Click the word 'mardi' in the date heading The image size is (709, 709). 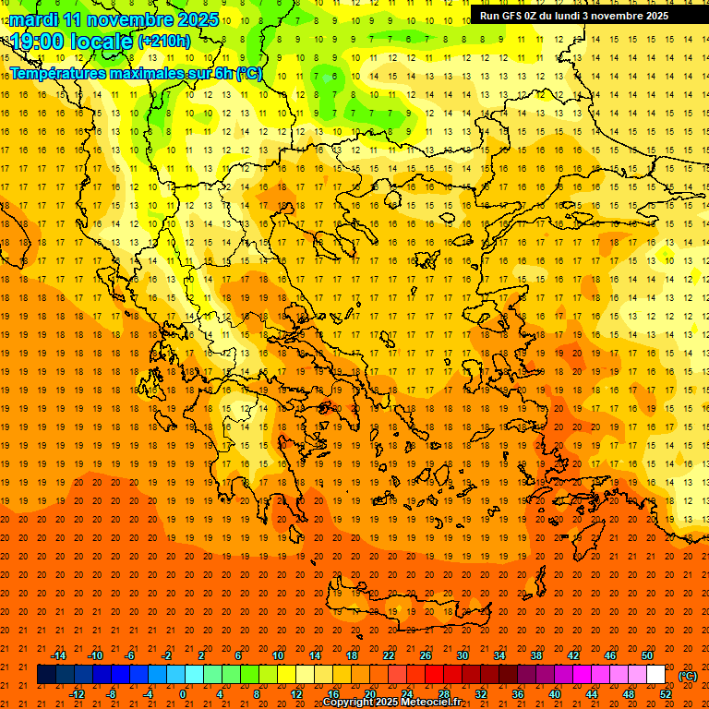click(x=34, y=18)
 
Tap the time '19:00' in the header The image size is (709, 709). click(x=38, y=42)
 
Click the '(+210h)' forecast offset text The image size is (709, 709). click(x=164, y=42)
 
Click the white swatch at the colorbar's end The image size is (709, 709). click(x=655, y=675)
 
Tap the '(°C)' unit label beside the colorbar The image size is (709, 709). click(x=688, y=676)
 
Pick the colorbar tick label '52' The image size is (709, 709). click(x=666, y=694)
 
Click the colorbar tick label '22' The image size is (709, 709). click(x=389, y=655)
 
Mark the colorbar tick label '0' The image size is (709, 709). click(x=183, y=694)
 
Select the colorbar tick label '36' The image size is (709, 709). click(x=518, y=694)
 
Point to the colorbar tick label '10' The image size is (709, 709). click(x=278, y=655)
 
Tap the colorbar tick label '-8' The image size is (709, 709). click(x=112, y=694)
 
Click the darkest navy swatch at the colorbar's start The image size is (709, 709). click(x=46, y=675)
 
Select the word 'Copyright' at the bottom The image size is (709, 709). click(x=348, y=703)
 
